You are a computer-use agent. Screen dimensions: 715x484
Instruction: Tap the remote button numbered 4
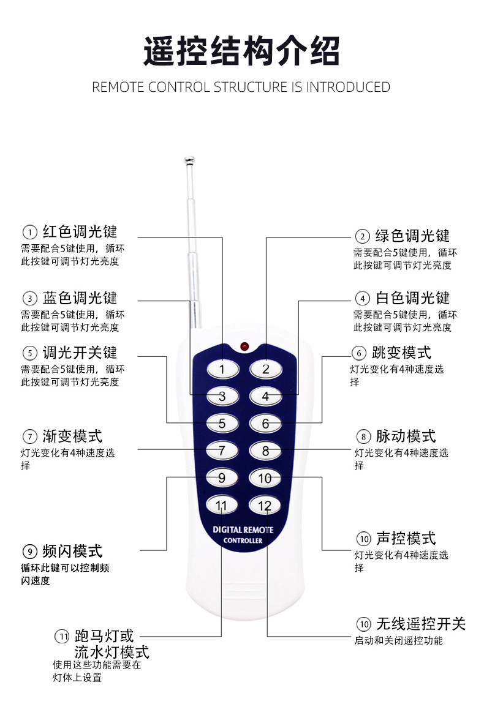click(x=265, y=396)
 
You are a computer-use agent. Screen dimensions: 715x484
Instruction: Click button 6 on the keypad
click(x=265, y=424)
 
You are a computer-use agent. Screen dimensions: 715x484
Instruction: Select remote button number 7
click(x=222, y=451)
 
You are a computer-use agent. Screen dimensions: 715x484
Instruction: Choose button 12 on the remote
click(x=265, y=505)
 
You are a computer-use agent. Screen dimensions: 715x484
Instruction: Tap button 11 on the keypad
click(x=222, y=505)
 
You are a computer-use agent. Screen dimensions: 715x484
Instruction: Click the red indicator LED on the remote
click(x=244, y=346)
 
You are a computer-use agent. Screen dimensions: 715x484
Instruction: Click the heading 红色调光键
click(x=80, y=231)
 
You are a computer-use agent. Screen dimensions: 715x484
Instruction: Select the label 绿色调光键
click(x=412, y=236)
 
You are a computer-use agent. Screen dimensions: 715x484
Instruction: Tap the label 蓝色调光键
click(x=80, y=298)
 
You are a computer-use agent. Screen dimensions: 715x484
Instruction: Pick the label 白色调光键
click(x=412, y=298)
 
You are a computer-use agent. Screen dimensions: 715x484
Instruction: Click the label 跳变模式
click(x=401, y=353)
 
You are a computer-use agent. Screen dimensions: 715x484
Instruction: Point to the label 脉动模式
click(x=405, y=436)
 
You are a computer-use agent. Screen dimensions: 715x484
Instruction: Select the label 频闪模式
click(x=72, y=551)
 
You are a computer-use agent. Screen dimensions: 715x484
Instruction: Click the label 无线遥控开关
click(x=420, y=624)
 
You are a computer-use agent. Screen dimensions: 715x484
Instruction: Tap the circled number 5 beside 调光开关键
click(x=29, y=353)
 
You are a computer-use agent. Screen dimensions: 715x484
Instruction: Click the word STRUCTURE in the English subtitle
click(x=249, y=87)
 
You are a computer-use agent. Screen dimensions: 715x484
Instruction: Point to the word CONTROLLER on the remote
click(x=243, y=541)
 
